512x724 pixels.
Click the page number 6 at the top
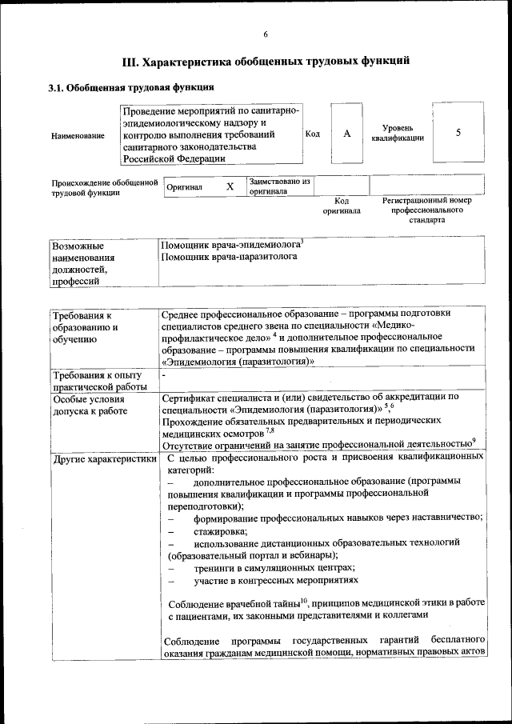(265, 34)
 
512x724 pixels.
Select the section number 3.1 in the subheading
(57, 87)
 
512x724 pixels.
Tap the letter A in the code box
(347, 134)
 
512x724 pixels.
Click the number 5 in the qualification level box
(458, 133)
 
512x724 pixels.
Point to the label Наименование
(78, 136)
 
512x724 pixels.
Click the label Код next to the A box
(313, 134)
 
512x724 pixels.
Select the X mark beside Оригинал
(230, 186)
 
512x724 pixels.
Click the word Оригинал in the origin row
(184, 187)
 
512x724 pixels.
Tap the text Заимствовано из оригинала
(279, 186)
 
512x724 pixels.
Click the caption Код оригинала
(342, 206)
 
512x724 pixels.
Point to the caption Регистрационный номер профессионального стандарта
(427, 210)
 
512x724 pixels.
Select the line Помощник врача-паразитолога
(229, 258)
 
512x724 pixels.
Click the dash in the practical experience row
(164, 374)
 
